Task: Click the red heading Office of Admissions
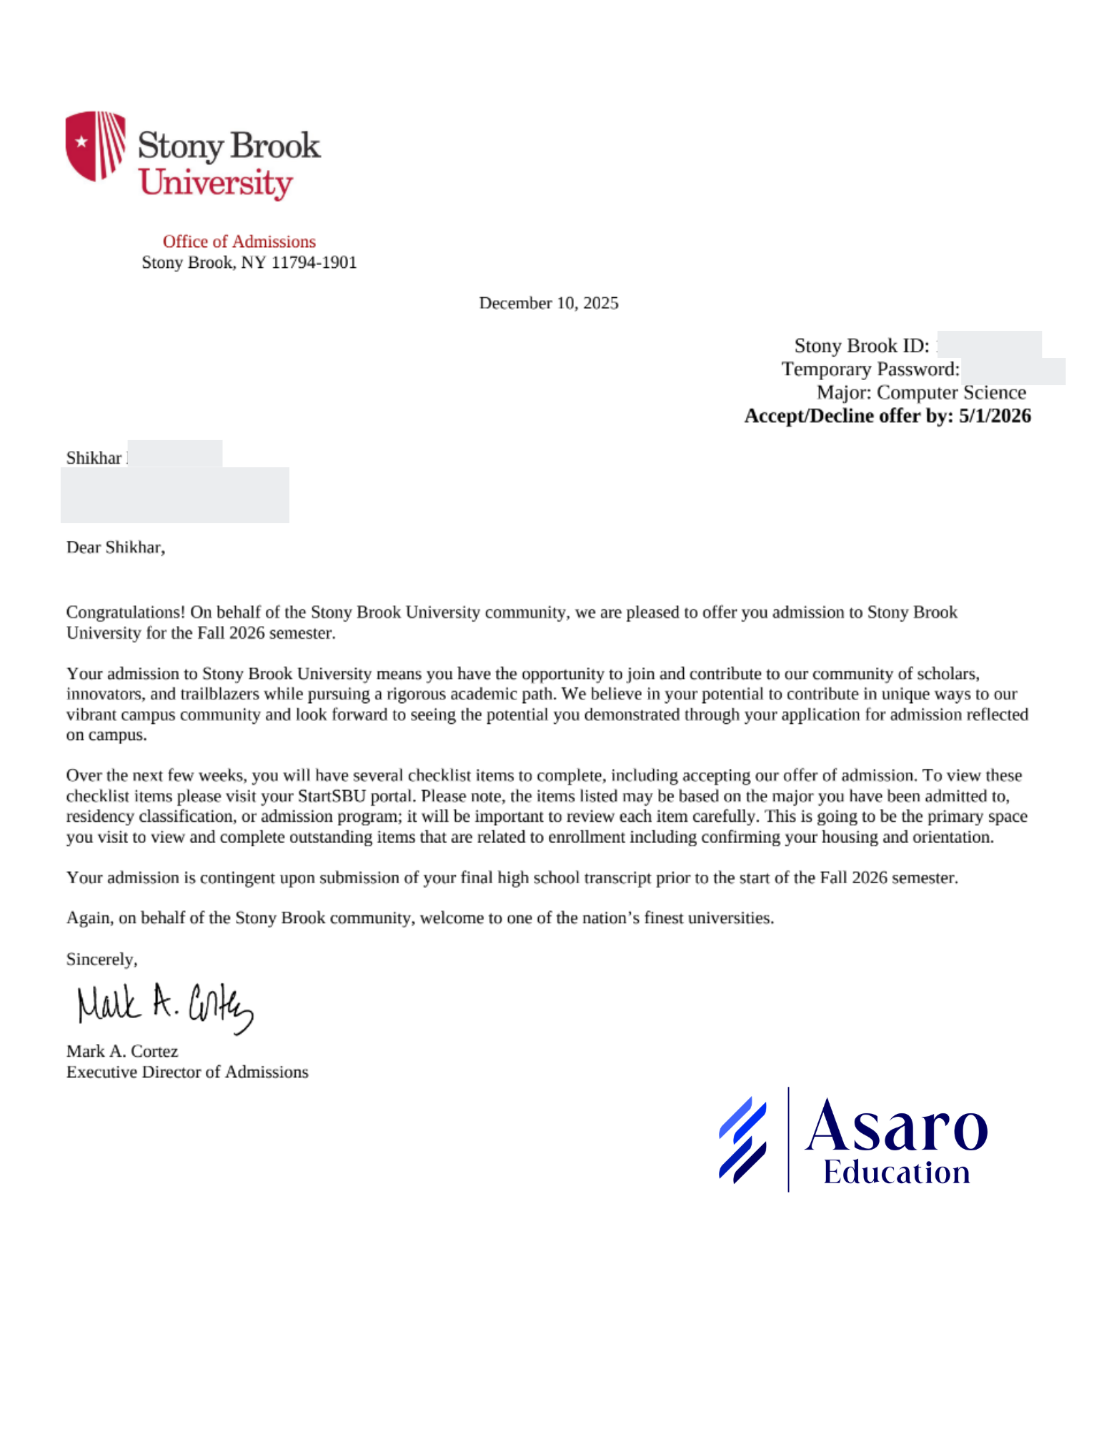(239, 242)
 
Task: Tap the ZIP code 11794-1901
(314, 262)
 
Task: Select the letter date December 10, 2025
(548, 303)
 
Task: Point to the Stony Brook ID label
(861, 346)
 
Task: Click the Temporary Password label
(870, 369)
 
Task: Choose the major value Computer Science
(951, 393)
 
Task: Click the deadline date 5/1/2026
(995, 416)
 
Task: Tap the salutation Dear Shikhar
(115, 547)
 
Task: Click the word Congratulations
(125, 612)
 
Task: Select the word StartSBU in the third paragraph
(332, 796)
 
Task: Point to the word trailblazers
(219, 694)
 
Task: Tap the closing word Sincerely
(101, 959)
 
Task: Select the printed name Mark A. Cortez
(122, 1051)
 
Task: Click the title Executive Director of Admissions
(187, 1072)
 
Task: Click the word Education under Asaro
(896, 1172)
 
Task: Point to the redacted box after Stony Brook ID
(990, 344)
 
